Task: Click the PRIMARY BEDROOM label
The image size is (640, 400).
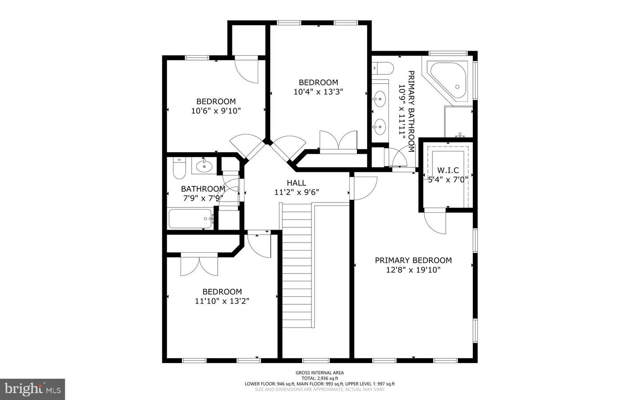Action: click(x=413, y=260)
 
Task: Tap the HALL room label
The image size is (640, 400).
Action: click(x=296, y=183)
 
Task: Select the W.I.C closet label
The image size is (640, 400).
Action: click(x=448, y=170)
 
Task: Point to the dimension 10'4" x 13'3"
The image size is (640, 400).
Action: click(x=318, y=92)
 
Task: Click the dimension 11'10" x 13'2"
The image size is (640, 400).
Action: click(x=222, y=301)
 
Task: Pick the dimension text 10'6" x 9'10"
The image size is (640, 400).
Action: click(x=216, y=111)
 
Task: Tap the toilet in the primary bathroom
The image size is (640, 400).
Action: click(x=383, y=69)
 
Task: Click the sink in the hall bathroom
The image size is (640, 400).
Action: click(x=204, y=166)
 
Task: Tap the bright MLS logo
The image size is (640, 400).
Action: click(x=32, y=389)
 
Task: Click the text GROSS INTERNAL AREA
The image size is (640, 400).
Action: click(x=320, y=373)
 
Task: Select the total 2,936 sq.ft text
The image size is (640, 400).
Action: click(x=320, y=378)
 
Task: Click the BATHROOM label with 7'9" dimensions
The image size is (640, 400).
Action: click(x=203, y=189)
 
